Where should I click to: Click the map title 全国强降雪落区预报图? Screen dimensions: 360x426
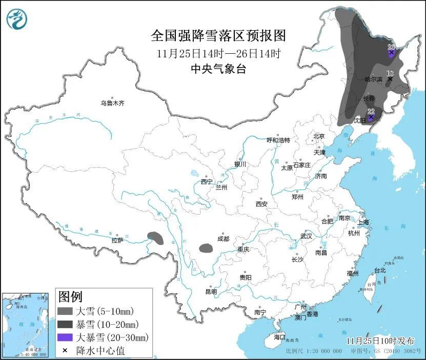tap(218, 35)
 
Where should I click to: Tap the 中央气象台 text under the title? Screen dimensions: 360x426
tap(218, 69)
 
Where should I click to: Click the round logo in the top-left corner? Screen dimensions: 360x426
tap(16, 19)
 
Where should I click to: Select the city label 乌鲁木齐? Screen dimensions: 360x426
tap(112, 103)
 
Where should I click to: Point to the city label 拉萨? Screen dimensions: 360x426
tap(117, 240)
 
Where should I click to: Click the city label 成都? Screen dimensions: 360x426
tap(223, 239)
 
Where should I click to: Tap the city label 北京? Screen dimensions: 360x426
tap(319, 136)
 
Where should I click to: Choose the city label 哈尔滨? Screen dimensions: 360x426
tap(373, 79)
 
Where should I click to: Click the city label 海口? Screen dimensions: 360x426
tap(279, 337)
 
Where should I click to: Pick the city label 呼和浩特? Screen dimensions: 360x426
tap(278, 140)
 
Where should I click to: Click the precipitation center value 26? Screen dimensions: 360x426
tap(391, 47)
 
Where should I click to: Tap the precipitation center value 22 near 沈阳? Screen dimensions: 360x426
tap(371, 112)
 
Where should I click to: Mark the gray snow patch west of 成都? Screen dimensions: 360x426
tap(206, 248)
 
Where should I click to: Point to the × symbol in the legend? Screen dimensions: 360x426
tap(65, 350)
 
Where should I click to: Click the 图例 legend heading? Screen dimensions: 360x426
tap(70, 297)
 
